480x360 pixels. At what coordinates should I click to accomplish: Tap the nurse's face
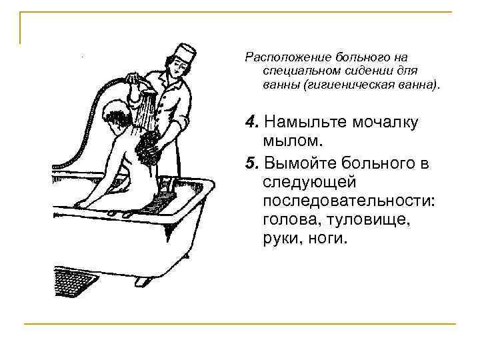click(x=177, y=67)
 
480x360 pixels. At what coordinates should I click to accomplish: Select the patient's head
click(x=119, y=116)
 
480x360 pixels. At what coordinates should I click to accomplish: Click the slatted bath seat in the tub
click(x=160, y=201)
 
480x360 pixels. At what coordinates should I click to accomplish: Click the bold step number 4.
click(x=250, y=121)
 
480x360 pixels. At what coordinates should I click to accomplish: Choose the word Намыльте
click(x=298, y=121)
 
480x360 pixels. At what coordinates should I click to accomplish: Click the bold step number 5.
click(x=250, y=163)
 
